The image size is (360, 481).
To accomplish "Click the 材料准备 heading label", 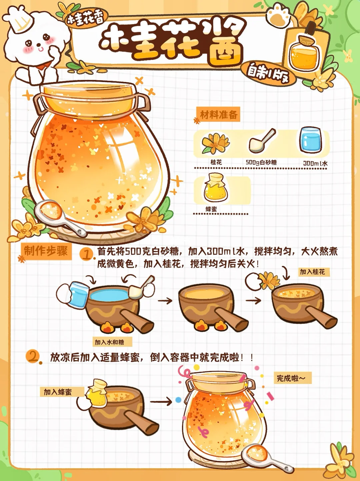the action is tap(218, 114).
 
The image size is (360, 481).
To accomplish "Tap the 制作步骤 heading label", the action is tap(46, 251).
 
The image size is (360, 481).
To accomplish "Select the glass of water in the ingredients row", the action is tap(310, 140).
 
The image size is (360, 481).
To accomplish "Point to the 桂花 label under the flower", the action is tap(216, 162).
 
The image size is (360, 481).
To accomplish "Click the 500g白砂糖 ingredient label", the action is tap(261, 162).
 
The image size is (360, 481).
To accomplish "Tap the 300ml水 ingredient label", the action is tap(315, 163).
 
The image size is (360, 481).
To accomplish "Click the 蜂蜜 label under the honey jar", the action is tap(211, 209).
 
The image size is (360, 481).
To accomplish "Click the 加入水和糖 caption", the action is tap(110, 342).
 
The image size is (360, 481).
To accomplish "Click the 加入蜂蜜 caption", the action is tap(58, 392).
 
